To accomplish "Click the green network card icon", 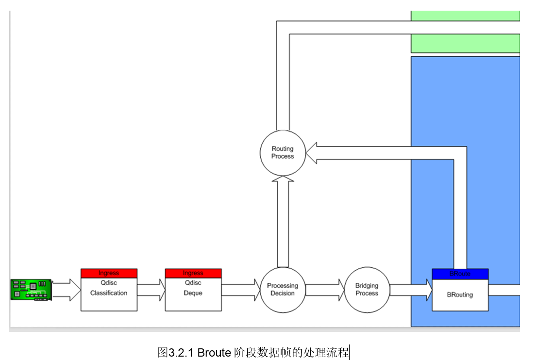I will click(31, 290).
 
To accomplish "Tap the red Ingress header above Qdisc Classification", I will click(109, 273).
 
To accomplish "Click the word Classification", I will click(109, 293).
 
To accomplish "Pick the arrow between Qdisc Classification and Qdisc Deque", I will click(151, 290).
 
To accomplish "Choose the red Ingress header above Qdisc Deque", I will click(193, 273).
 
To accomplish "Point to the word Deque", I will click(193, 293).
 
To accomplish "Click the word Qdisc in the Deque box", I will click(193, 283).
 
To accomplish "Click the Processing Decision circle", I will click(283, 290).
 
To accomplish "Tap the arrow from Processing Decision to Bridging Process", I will click(325, 290).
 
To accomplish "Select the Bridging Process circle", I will click(367, 290).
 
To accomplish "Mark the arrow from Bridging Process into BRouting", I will click(411, 290).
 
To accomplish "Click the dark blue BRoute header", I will click(460, 274).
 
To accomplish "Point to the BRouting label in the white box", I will click(460, 295).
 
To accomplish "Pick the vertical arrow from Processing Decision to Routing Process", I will click(283, 221).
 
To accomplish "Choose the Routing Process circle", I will click(283, 153).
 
